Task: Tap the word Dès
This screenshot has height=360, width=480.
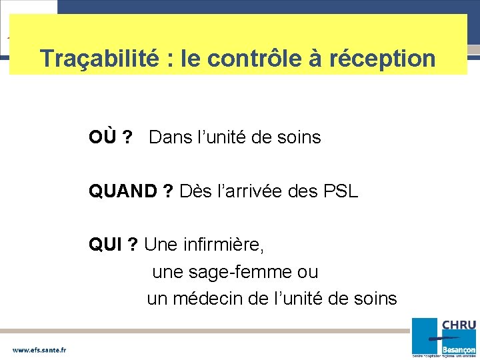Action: tap(194, 192)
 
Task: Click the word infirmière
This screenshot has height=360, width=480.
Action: tap(223, 245)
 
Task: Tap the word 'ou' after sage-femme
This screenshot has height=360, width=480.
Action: tap(308, 273)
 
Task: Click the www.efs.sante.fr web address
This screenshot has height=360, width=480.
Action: tap(39, 349)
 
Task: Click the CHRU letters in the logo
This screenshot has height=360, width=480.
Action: tap(459, 325)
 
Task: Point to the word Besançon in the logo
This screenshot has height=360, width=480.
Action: tap(460, 349)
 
